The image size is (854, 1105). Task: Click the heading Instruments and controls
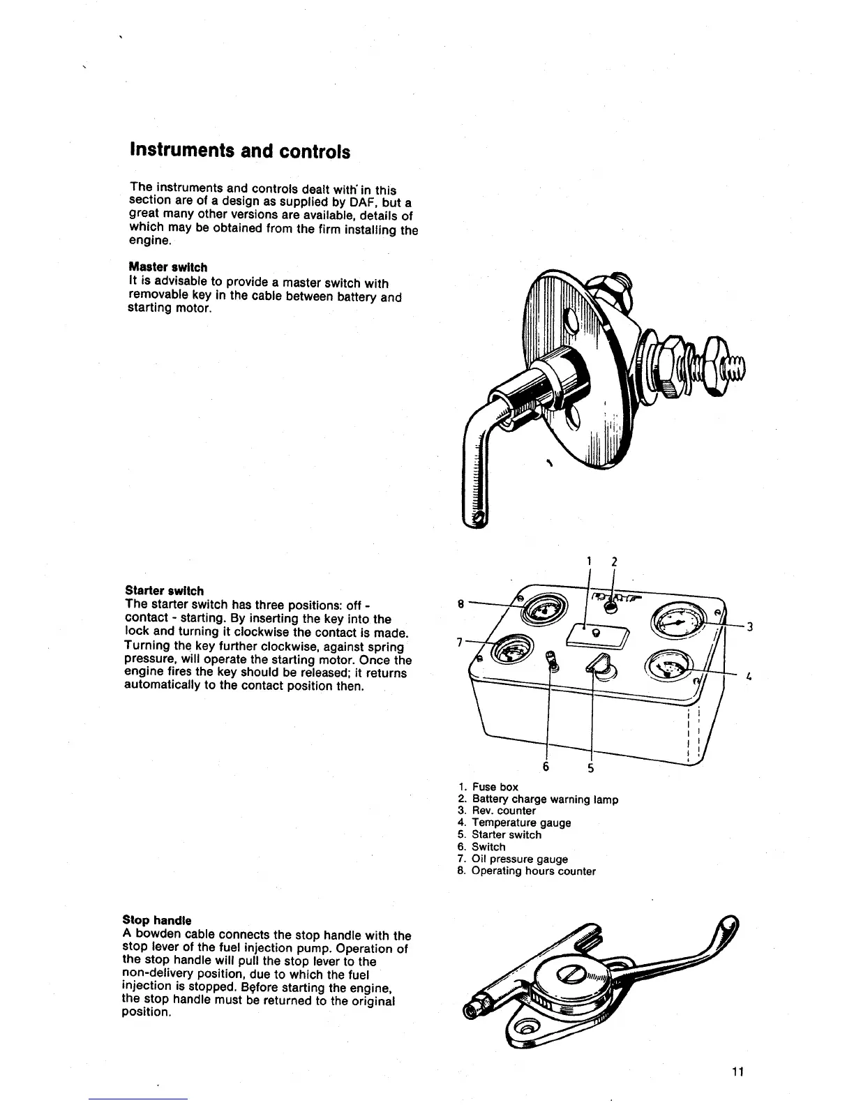click(x=239, y=151)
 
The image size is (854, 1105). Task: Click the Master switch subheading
click(x=167, y=267)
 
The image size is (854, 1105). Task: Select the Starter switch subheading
click(x=164, y=591)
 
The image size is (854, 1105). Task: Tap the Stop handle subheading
click(x=156, y=920)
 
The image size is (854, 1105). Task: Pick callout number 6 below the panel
click(x=546, y=767)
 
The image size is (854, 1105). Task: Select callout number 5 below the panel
click(x=590, y=768)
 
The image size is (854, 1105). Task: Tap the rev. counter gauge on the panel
click(x=676, y=619)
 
